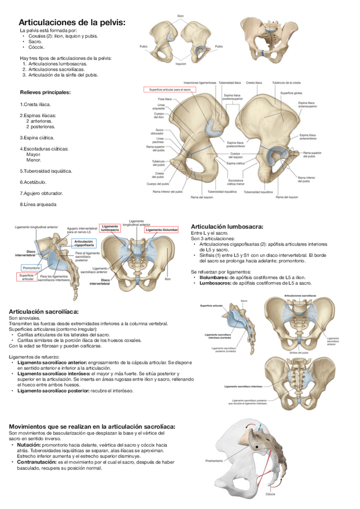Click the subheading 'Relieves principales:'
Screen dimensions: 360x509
(45, 92)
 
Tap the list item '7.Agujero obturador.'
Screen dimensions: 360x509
(41, 193)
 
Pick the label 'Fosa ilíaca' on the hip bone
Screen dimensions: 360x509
(158, 98)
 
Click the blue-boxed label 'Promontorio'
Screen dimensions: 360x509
(31, 267)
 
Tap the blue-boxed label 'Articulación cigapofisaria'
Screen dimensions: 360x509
(83, 242)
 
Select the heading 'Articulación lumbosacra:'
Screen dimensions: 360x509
(226, 226)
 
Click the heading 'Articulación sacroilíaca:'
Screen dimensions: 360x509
(44, 312)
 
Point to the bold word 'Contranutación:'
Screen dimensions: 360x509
(37, 462)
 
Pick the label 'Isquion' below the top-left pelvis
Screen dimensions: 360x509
(181, 63)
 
